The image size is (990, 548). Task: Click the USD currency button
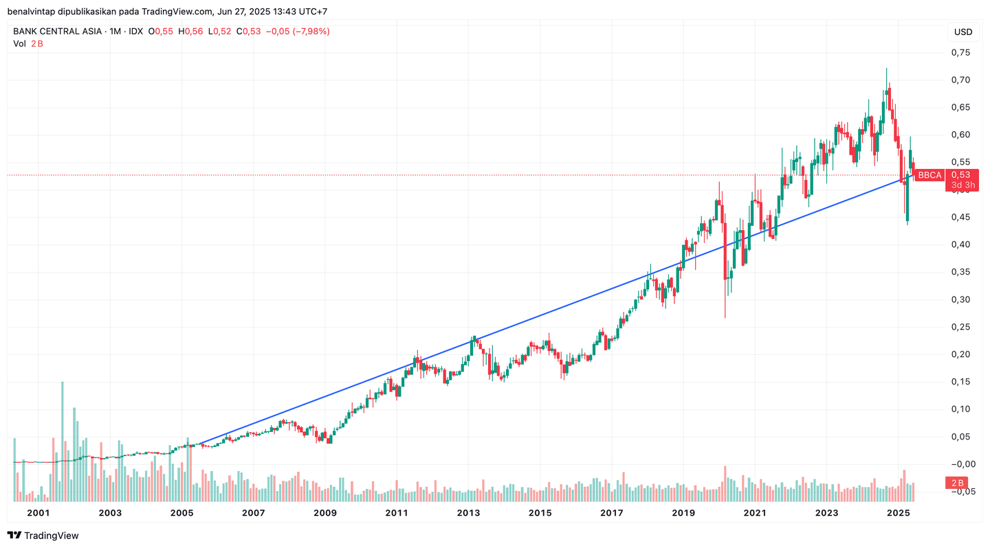point(963,32)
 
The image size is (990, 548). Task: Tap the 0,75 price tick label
point(960,52)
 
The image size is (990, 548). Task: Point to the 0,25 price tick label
point(960,327)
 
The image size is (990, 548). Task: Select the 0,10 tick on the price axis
point(960,409)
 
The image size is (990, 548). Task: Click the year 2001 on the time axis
point(38,513)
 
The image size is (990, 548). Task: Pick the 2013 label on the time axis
point(468,513)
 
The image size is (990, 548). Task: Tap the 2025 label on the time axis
point(899,513)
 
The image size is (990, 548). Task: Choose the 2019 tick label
point(683,513)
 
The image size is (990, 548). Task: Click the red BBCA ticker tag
point(929,175)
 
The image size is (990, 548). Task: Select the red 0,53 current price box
point(961,174)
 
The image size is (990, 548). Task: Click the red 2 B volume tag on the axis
point(958,482)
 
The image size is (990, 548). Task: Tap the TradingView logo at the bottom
point(43,536)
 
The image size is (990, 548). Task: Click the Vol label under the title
point(19,44)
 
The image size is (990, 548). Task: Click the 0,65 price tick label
point(960,107)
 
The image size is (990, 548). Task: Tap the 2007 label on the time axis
point(253,513)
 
